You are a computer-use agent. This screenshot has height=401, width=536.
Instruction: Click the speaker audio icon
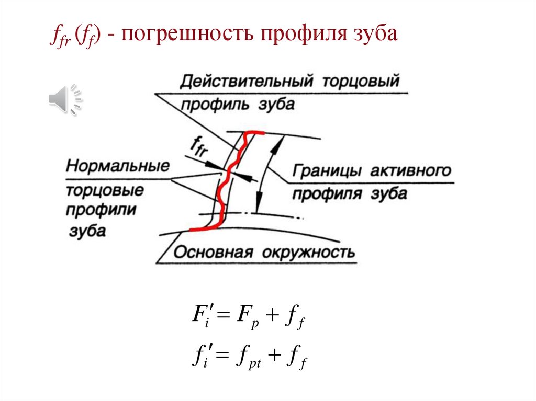click(x=65, y=99)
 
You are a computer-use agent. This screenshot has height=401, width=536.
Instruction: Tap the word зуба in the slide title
click(x=375, y=36)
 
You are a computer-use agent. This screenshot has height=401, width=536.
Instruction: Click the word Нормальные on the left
click(x=118, y=167)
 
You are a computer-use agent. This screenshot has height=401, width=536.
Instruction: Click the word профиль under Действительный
click(x=215, y=104)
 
